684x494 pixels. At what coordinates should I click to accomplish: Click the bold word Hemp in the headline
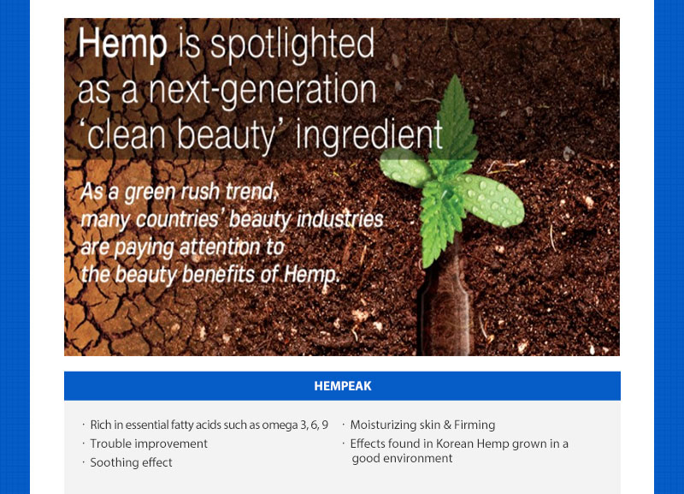tap(122, 45)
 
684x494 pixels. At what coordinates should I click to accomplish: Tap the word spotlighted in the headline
tap(292, 45)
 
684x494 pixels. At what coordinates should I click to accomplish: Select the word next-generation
tap(262, 91)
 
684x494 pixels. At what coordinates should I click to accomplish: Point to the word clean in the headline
tap(127, 135)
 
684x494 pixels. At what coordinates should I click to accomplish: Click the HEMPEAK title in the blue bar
tap(343, 386)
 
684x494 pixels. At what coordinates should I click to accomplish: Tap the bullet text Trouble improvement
tap(149, 443)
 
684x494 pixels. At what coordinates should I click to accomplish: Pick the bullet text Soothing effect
tap(132, 462)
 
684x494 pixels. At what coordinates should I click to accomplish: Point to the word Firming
tap(475, 425)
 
